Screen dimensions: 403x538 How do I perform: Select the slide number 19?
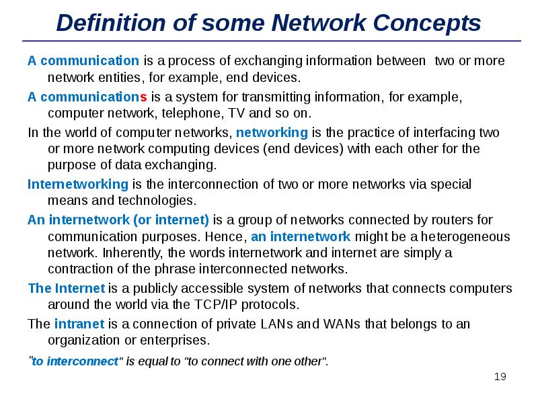[500, 377]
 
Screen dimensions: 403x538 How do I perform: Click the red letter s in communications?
[143, 97]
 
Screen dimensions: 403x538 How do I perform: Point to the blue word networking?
[272, 132]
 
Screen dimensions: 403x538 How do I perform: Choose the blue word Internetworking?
[77, 184]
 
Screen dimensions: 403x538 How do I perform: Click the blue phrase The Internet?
[66, 289]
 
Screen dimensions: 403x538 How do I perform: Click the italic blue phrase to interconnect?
[75, 361]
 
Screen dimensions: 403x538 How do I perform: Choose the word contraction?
[78, 269]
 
